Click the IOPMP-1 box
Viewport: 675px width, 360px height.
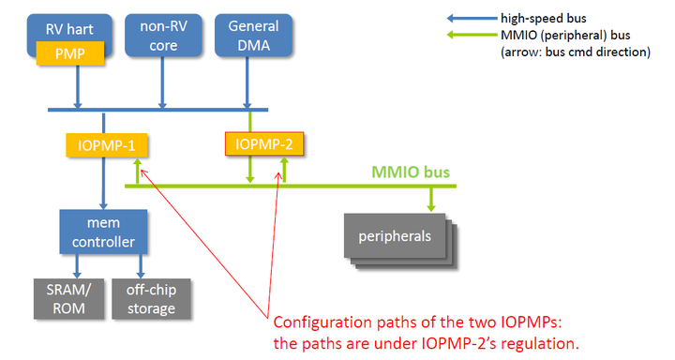point(106,145)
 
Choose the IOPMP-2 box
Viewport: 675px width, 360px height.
point(263,144)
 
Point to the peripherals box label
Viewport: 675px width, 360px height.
point(397,234)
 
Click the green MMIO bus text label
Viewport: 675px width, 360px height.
point(412,172)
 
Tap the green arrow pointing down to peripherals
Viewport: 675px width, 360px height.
point(431,199)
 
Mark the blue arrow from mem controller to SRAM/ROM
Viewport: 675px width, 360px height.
point(71,266)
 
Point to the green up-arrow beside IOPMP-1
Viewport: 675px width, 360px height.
point(137,171)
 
